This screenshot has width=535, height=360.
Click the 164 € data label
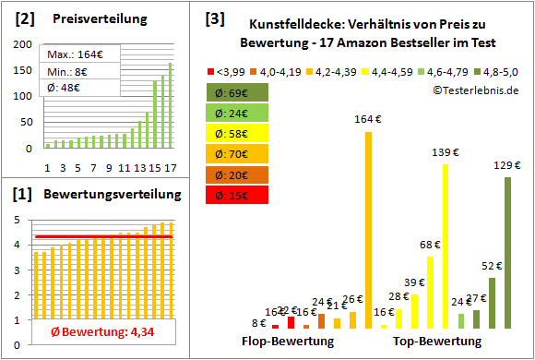(368, 118)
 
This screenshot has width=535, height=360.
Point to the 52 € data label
(491, 266)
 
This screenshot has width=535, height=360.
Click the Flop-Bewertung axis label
(287, 342)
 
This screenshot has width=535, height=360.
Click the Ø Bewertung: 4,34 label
(90, 333)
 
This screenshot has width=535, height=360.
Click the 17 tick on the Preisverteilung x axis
(170, 167)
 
